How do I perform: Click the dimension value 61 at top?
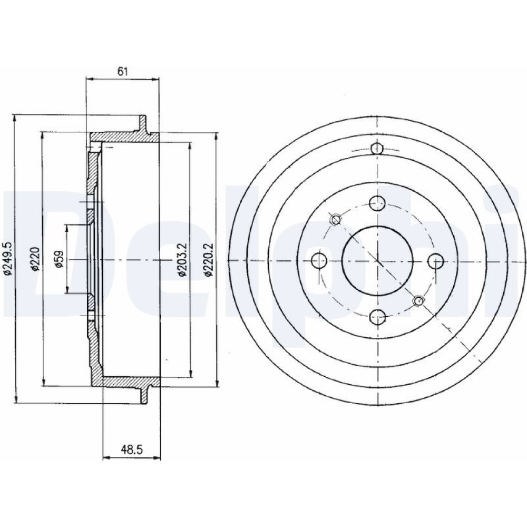tap(123, 72)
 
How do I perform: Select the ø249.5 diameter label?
tap(8, 259)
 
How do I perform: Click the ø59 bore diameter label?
tap(60, 259)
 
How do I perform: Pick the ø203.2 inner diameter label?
tap(182, 259)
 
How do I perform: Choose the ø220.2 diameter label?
tap(209, 259)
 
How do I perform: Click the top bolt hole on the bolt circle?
tap(377, 203)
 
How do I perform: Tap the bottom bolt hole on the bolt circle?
tap(377, 317)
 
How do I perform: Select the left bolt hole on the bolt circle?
tap(319, 260)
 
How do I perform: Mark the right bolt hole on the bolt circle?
tap(436, 260)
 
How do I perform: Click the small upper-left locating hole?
tap(336, 220)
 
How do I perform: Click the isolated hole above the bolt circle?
tap(377, 148)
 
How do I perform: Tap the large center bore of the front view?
tap(377, 260)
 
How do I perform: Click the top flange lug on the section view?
tap(143, 124)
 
